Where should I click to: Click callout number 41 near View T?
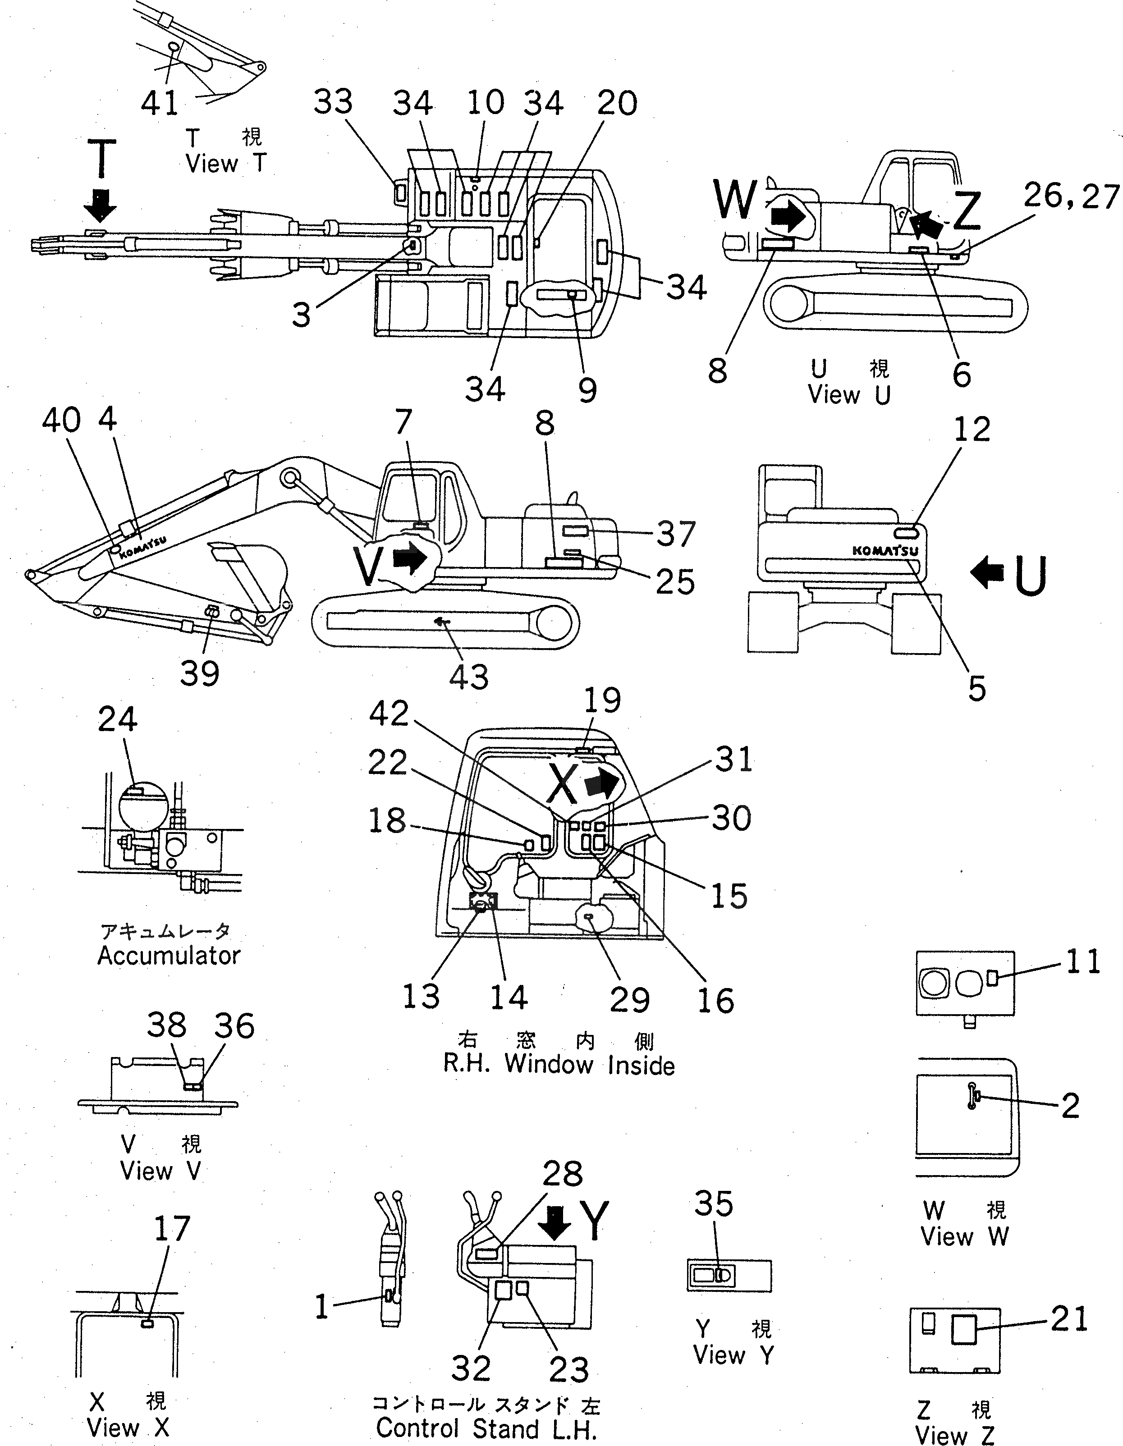point(160,103)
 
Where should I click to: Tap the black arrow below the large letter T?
point(101,205)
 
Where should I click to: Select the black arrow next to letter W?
point(788,216)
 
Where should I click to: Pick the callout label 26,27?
point(1071,196)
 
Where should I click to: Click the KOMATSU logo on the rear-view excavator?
point(885,550)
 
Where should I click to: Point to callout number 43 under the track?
point(469,676)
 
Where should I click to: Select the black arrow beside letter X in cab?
point(601,785)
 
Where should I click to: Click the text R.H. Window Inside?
point(558,1065)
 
